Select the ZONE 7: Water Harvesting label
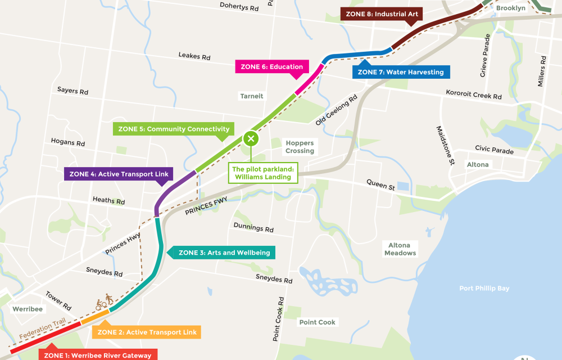(x=401, y=72)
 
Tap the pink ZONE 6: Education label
(x=272, y=66)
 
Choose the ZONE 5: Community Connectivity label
(x=173, y=129)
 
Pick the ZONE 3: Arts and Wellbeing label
(x=224, y=253)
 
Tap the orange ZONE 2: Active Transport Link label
(x=147, y=332)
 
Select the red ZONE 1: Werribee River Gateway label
(x=98, y=355)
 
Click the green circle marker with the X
(x=251, y=138)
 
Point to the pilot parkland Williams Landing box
(x=263, y=173)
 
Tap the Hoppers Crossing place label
(x=300, y=147)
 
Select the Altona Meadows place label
(x=400, y=249)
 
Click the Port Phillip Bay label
(x=484, y=289)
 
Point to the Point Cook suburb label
(x=317, y=322)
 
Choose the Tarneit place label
(x=251, y=96)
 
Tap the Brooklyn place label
(x=510, y=8)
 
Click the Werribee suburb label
(x=28, y=309)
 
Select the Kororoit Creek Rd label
(x=474, y=94)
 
